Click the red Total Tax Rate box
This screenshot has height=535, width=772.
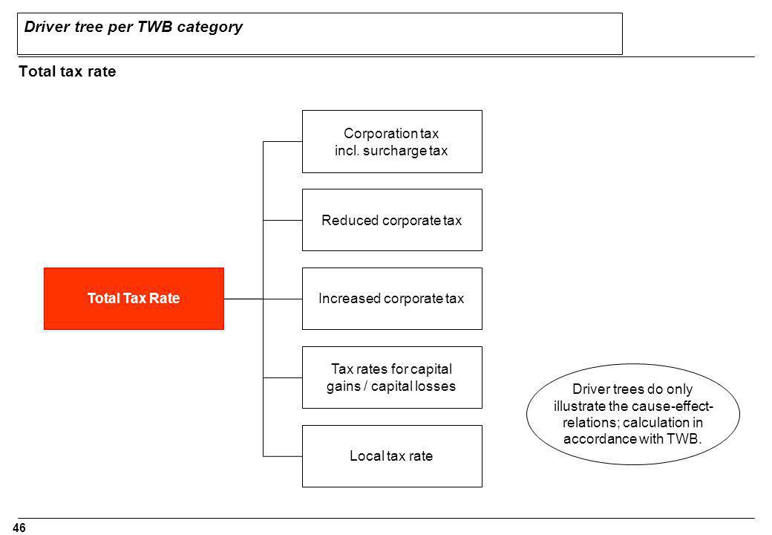point(134,299)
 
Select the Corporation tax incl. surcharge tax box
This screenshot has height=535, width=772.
point(392,141)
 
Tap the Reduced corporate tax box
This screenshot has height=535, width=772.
point(392,220)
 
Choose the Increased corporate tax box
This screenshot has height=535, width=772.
point(392,299)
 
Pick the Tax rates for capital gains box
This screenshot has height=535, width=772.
point(392,377)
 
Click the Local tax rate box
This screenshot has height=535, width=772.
point(392,456)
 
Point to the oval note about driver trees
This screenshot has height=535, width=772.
point(633,414)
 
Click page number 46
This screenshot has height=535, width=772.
point(19,528)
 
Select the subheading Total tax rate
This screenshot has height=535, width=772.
point(68,71)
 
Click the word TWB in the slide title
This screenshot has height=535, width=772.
point(155,27)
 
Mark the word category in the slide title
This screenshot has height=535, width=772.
point(210,27)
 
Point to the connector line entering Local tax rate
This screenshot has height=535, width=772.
point(283,456)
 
